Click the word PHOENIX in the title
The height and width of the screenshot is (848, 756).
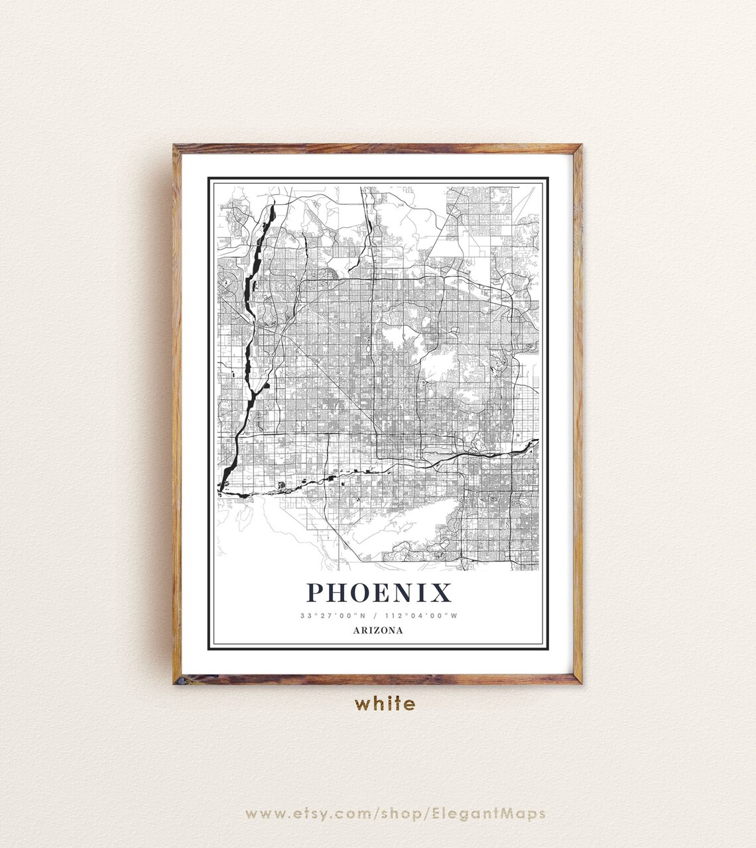point(379,592)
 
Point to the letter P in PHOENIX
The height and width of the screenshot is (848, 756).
point(316,592)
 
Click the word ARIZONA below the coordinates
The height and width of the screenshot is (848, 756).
point(378,631)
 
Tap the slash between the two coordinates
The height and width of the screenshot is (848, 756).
point(375,616)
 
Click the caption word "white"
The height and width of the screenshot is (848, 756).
point(385,703)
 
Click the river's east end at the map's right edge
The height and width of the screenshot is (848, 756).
point(536,441)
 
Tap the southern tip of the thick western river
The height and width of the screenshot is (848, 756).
point(221,489)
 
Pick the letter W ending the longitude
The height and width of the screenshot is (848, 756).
point(454,616)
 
